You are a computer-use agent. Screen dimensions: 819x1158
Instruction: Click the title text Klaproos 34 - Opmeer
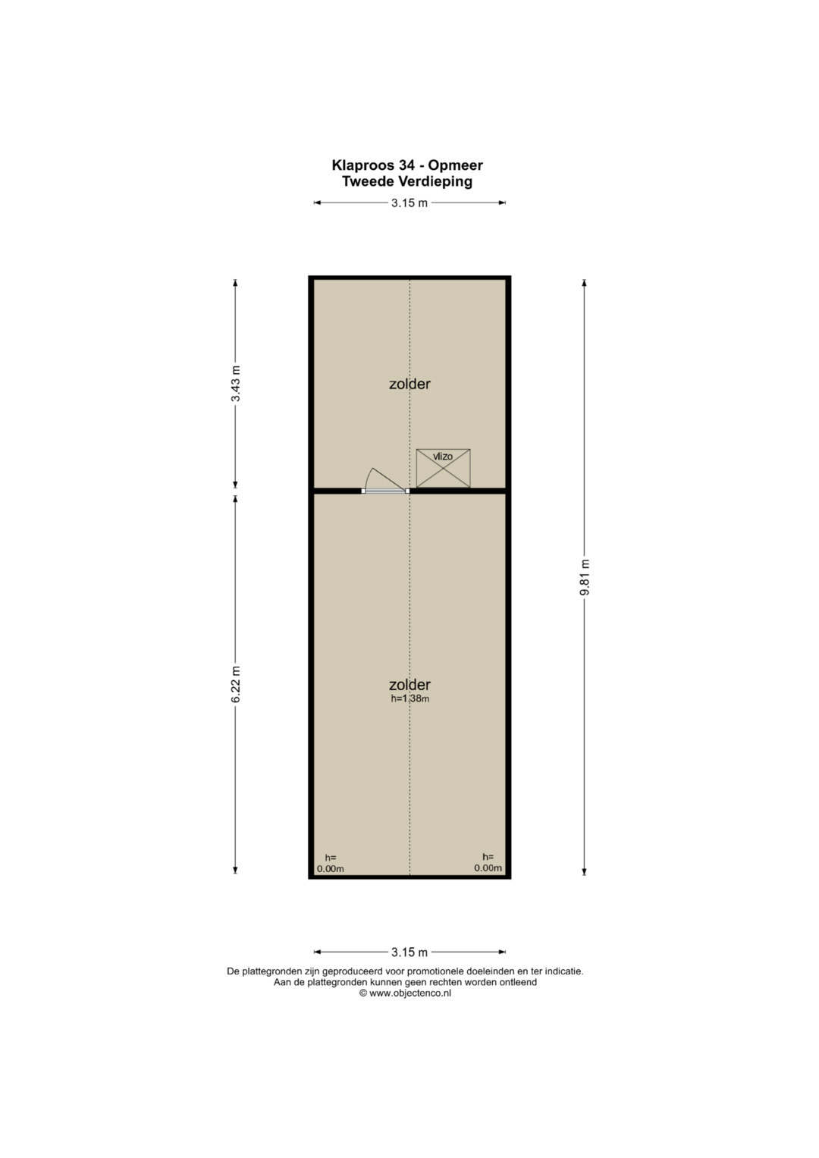click(x=407, y=165)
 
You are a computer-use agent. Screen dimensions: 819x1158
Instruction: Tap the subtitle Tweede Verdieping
click(x=407, y=181)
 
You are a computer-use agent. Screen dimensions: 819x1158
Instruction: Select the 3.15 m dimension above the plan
click(x=409, y=203)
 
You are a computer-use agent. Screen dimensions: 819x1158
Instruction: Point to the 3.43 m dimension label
click(x=236, y=384)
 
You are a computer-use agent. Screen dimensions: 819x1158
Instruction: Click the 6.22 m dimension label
click(x=236, y=685)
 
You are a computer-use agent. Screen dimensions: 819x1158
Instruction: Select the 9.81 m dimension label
click(x=585, y=577)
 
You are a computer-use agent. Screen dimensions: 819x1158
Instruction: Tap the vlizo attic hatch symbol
click(x=443, y=468)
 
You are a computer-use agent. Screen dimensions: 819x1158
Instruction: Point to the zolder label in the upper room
click(x=409, y=384)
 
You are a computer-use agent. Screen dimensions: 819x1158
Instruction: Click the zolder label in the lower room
click(x=409, y=685)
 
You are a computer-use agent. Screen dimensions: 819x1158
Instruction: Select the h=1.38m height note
click(x=410, y=699)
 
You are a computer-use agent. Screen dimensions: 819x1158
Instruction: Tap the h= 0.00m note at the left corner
click(x=331, y=863)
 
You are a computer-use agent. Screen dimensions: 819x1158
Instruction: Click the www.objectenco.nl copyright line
click(x=406, y=993)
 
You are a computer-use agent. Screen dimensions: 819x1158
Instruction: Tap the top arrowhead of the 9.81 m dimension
click(x=585, y=282)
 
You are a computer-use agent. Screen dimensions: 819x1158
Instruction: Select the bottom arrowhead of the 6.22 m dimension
click(x=236, y=870)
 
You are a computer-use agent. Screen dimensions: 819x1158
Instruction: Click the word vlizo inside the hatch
click(x=443, y=457)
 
